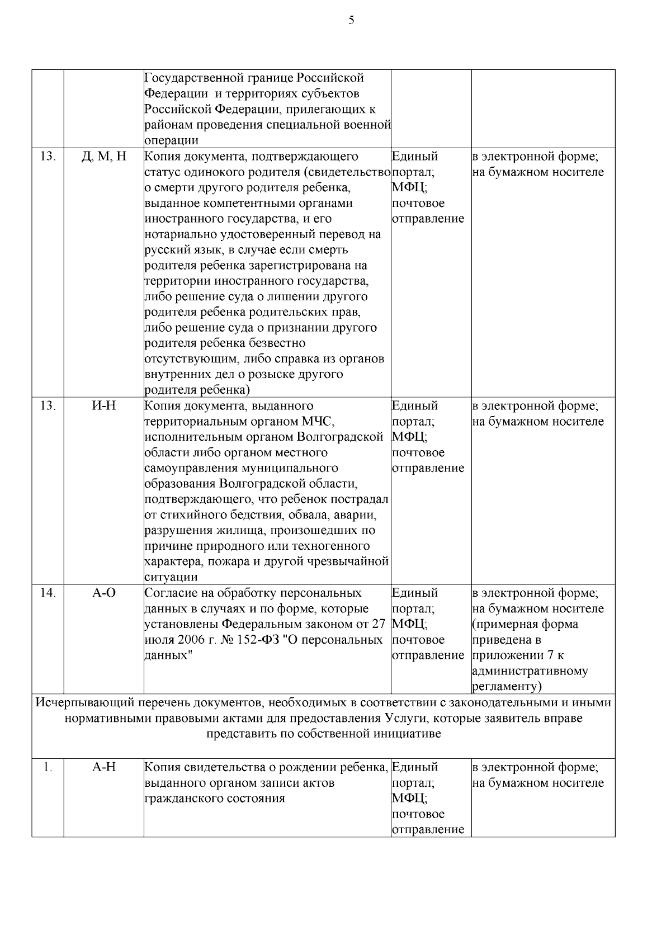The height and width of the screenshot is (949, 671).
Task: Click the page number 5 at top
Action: [351, 21]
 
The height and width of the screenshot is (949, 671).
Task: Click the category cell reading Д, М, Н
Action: [104, 157]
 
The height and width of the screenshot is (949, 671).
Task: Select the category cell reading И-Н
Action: [104, 406]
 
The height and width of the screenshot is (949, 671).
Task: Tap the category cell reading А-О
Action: [104, 593]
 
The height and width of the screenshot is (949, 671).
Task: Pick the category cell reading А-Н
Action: [104, 767]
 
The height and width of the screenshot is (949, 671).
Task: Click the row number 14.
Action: [48, 593]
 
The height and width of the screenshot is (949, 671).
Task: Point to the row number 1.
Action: [48, 767]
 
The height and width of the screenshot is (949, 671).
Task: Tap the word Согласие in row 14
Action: [170, 593]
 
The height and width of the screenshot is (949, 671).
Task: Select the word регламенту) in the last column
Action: [508, 687]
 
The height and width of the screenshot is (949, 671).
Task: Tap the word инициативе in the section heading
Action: [412, 734]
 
